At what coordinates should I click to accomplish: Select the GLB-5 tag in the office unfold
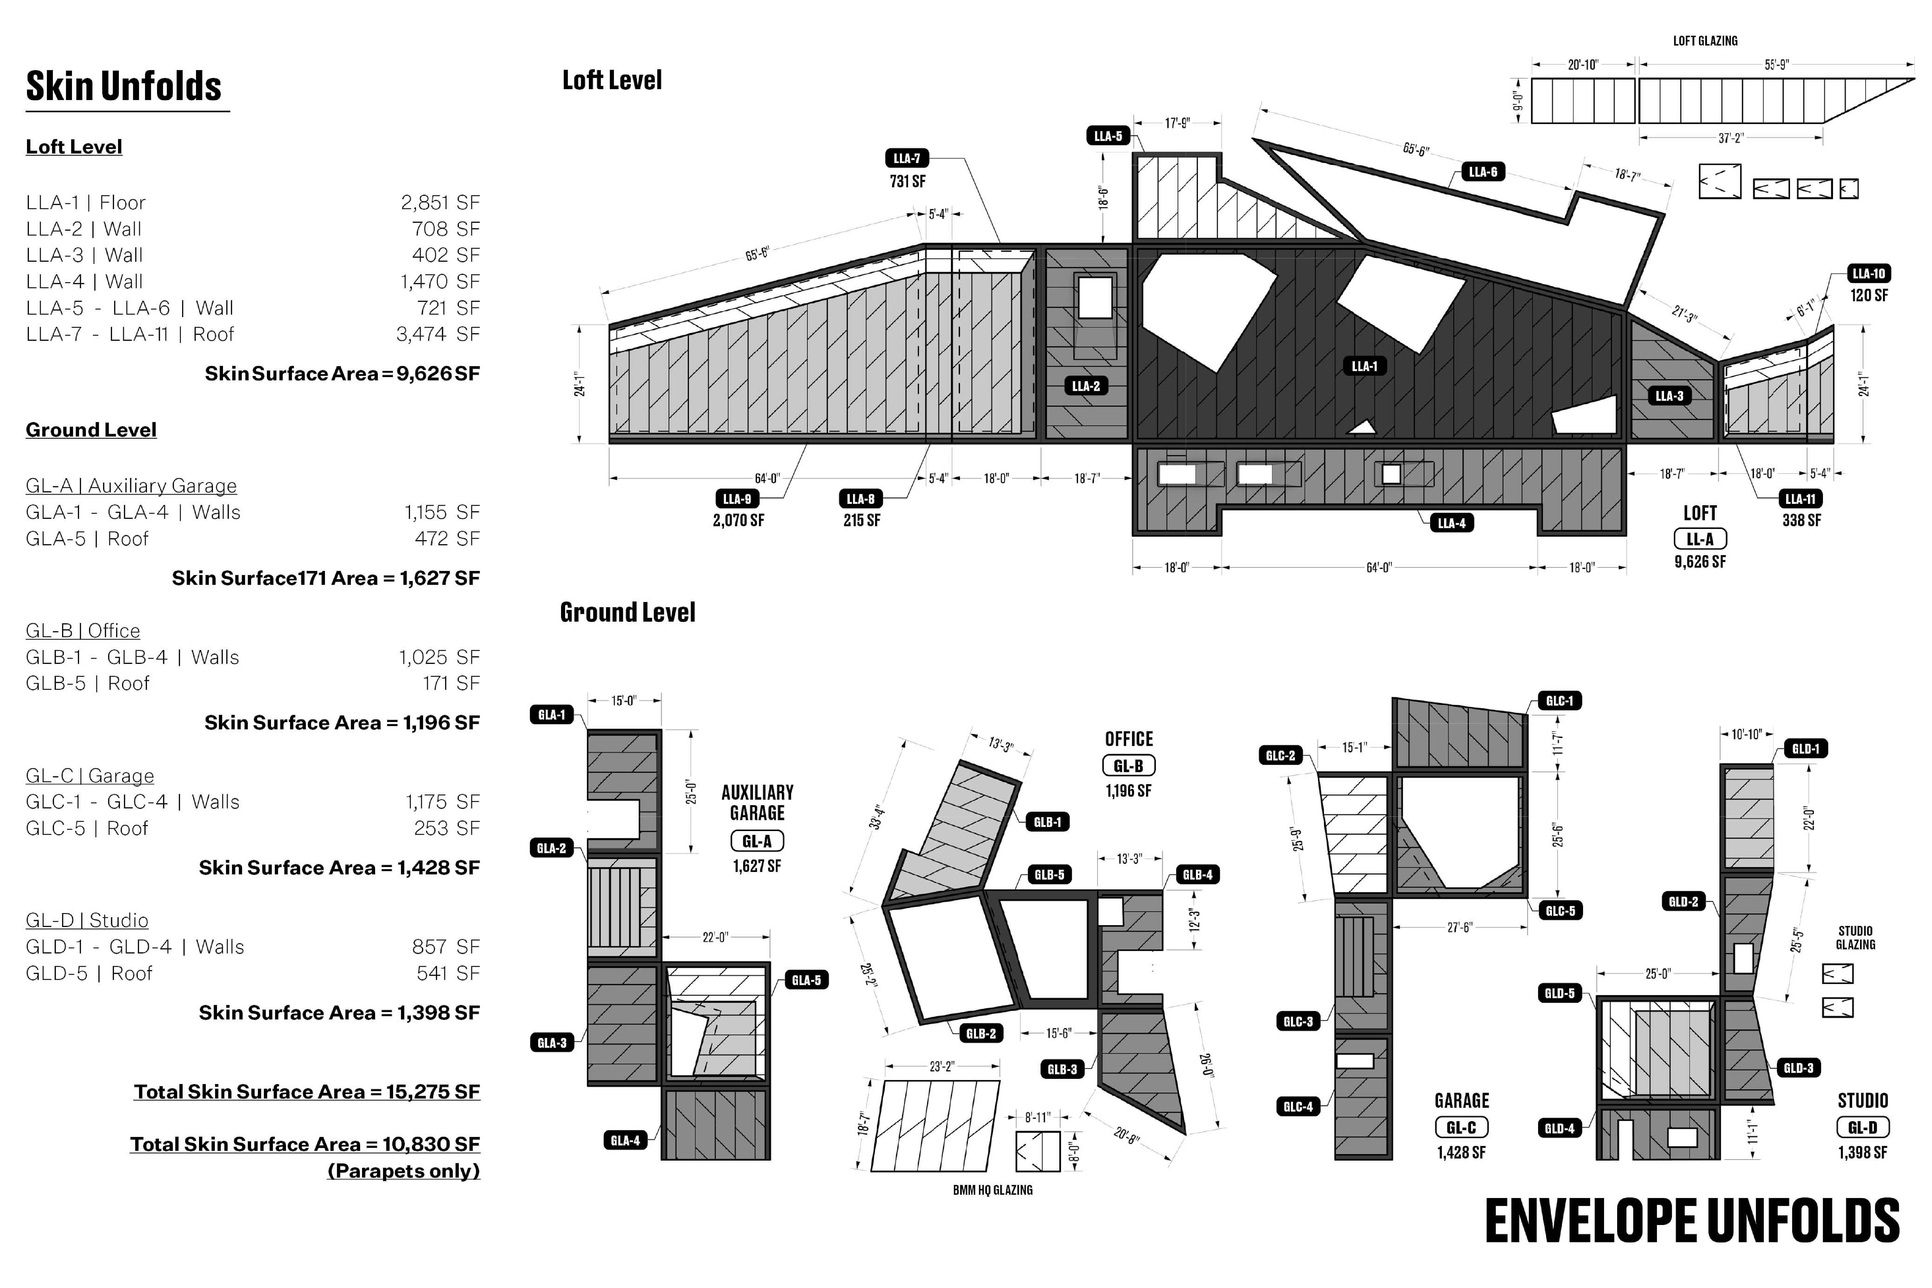[x=1048, y=875]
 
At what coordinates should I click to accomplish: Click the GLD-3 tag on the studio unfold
[x=1798, y=1068]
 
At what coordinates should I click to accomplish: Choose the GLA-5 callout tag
[x=806, y=980]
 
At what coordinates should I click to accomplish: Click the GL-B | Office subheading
[x=83, y=631]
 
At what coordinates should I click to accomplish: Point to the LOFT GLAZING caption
[x=1705, y=40]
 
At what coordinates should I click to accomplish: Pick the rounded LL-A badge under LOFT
[x=1700, y=539]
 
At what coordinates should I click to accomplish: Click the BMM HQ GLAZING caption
[x=993, y=1189]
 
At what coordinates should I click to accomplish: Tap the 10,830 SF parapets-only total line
[x=305, y=1144]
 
